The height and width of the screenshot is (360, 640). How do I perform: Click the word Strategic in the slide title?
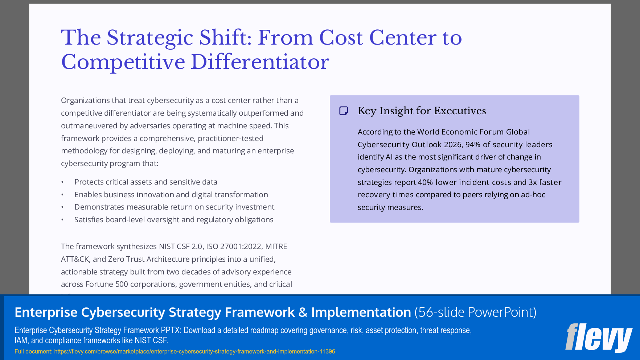pyautogui.click(x=150, y=38)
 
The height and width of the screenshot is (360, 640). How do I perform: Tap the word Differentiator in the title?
pyautogui.click(x=260, y=62)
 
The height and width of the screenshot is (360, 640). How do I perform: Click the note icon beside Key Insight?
pyautogui.click(x=344, y=111)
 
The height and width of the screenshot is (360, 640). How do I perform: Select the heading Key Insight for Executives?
pyautogui.click(x=422, y=111)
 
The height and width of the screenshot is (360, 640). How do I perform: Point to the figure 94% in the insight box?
pyautogui.click(x=473, y=145)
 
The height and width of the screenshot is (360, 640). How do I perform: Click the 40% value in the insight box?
pyautogui.click(x=425, y=182)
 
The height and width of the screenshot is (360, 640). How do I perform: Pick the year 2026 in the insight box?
pyautogui.click(x=452, y=145)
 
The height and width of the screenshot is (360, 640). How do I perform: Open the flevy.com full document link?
pyautogui.click(x=194, y=351)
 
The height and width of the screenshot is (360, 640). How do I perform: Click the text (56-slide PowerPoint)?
pyautogui.click(x=475, y=312)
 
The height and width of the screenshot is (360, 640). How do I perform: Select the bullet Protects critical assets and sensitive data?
pyautogui.click(x=145, y=182)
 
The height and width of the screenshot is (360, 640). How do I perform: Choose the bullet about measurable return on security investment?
pyautogui.click(x=174, y=207)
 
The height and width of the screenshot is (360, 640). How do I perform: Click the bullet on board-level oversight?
pyautogui.click(x=173, y=220)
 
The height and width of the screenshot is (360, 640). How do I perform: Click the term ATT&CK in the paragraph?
pyautogui.click(x=75, y=259)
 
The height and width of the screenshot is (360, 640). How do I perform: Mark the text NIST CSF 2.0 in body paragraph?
pyautogui.click(x=180, y=247)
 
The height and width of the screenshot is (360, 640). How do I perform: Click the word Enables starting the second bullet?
pyautogui.click(x=88, y=195)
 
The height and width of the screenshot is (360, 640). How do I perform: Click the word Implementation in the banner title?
pyautogui.click(x=361, y=312)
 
